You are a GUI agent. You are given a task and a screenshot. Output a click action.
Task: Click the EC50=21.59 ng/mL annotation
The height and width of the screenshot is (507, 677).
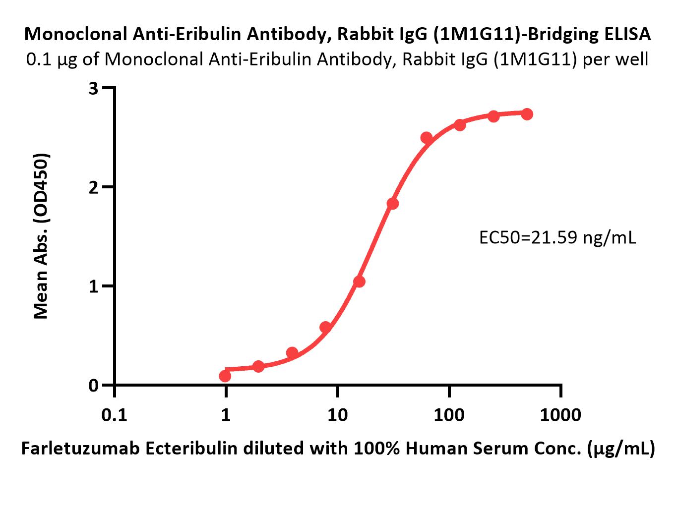tap(557, 238)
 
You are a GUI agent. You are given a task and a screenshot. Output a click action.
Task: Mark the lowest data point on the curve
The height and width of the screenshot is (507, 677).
tap(225, 376)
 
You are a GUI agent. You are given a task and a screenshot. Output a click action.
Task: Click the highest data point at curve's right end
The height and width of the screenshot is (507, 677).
tap(527, 114)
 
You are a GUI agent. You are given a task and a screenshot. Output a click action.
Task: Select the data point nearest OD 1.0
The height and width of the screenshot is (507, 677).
tap(359, 282)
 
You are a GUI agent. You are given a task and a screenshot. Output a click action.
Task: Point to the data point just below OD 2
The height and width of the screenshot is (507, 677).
tap(393, 203)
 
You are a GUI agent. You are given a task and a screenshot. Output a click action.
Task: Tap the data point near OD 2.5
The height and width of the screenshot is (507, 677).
tap(426, 138)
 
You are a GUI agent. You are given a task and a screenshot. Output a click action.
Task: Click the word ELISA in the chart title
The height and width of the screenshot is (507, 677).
tap(626, 34)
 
